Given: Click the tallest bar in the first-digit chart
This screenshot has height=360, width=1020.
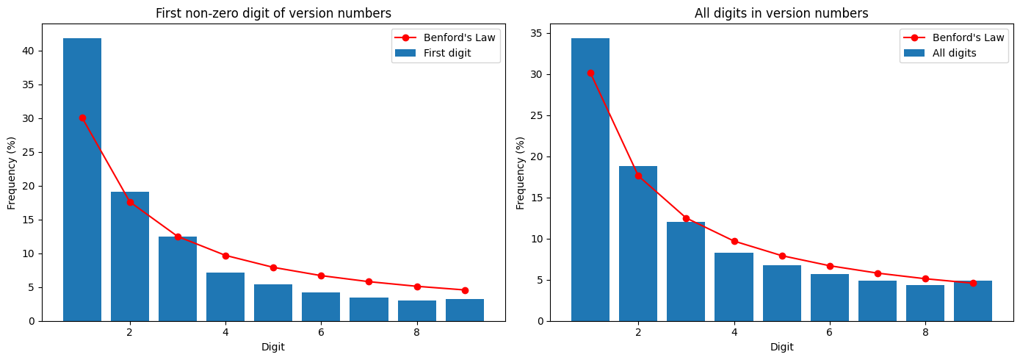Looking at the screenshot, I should pos(82,180).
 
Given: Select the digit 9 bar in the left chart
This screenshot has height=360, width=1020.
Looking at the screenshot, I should pos(465,310).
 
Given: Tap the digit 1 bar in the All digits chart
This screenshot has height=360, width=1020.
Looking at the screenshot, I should pos(590,180).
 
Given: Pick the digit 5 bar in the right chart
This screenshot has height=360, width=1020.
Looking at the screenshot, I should pos(782,293).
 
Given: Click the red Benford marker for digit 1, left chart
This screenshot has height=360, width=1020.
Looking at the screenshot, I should pos(82,118).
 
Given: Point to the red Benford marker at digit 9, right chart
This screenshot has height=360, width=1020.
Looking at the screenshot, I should pos(973,283).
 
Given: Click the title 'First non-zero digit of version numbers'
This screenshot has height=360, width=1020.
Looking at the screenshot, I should pos(273,13).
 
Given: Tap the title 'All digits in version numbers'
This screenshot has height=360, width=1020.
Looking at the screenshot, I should pos(781,13).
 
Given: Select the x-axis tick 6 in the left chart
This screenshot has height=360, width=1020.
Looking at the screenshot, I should pos(321,331).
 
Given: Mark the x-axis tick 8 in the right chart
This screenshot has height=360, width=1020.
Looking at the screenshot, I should pos(925,331).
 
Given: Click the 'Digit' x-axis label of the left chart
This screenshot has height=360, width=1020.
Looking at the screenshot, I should pos(273,347).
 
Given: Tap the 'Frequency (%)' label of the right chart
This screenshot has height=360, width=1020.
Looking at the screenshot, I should pos(521,173).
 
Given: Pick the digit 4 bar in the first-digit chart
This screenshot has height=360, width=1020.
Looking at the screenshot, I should pos(225,297).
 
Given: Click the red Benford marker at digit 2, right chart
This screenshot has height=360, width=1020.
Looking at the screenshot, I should pos(638,176).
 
